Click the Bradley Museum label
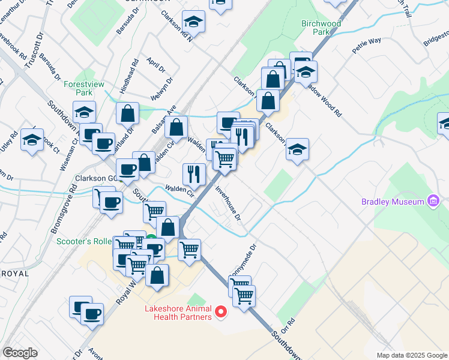(393, 202)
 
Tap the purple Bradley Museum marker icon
(432, 201)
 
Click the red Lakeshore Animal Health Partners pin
(221, 311)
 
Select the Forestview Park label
(83, 89)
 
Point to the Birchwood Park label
(321, 28)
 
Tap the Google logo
(20, 353)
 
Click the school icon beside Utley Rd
(31, 140)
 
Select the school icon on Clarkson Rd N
(193, 22)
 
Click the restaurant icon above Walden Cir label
(194, 174)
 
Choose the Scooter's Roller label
(84, 242)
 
